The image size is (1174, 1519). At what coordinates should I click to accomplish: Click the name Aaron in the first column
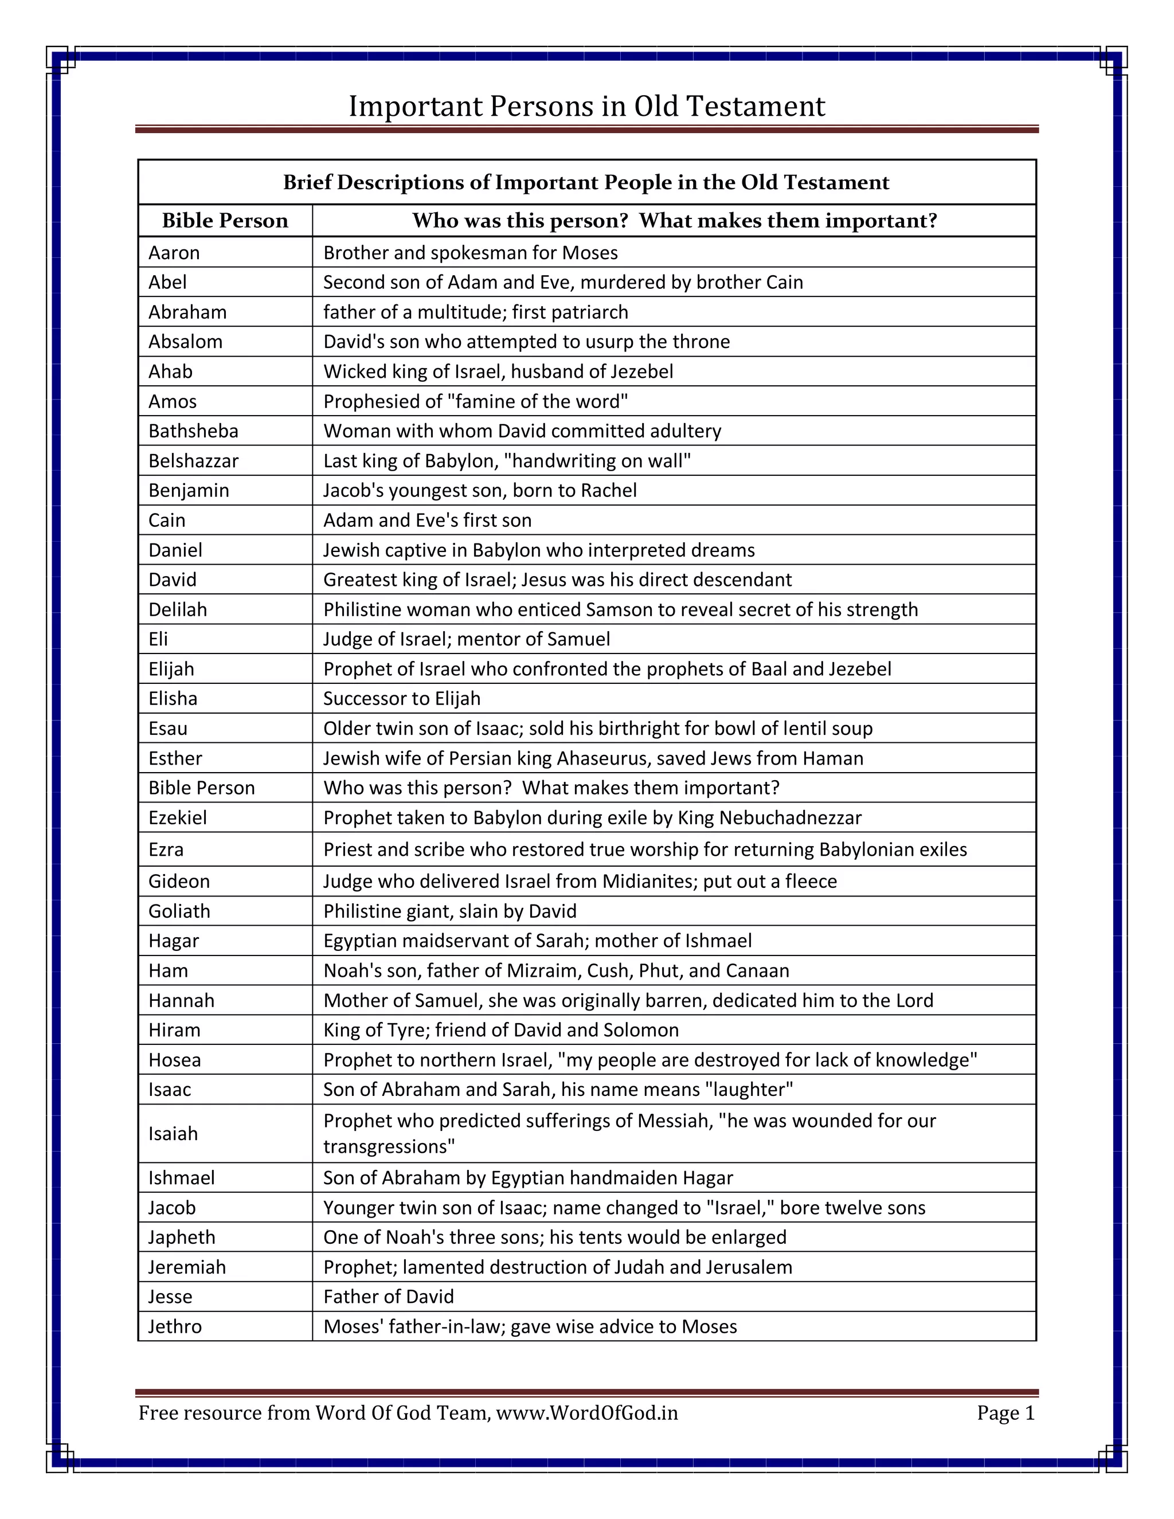click(x=174, y=252)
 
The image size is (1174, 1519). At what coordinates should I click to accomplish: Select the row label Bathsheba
click(x=193, y=431)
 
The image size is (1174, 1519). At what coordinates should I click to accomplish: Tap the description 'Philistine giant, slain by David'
click(x=450, y=911)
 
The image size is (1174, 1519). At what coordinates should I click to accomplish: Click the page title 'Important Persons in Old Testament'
click(x=586, y=107)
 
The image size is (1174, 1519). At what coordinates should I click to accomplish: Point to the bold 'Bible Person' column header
click(x=225, y=221)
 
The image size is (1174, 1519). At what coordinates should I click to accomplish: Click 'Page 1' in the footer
click(x=1005, y=1414)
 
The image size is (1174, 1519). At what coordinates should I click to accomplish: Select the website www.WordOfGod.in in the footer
click(x=587, y=1414)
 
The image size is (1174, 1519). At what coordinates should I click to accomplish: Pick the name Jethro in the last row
click(x=175, y=1326)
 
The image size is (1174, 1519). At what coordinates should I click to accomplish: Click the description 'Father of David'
click(x=388, y=1297)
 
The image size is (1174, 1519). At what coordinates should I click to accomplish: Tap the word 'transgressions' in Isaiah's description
click(x=389, y=1146)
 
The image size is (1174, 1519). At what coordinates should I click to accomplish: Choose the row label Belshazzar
click(x=193, y=461)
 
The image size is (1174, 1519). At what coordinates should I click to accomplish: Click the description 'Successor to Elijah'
click(x=402, y=698)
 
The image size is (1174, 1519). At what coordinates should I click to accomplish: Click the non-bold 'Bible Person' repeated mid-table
click(x=202, y=788)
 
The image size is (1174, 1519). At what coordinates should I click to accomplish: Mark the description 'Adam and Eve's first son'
click(x=427, y=520)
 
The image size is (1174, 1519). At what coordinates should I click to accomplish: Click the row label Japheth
click(x=182, y=1238)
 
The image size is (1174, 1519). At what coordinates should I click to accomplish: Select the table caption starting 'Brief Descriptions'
click(x=586, y=183)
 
